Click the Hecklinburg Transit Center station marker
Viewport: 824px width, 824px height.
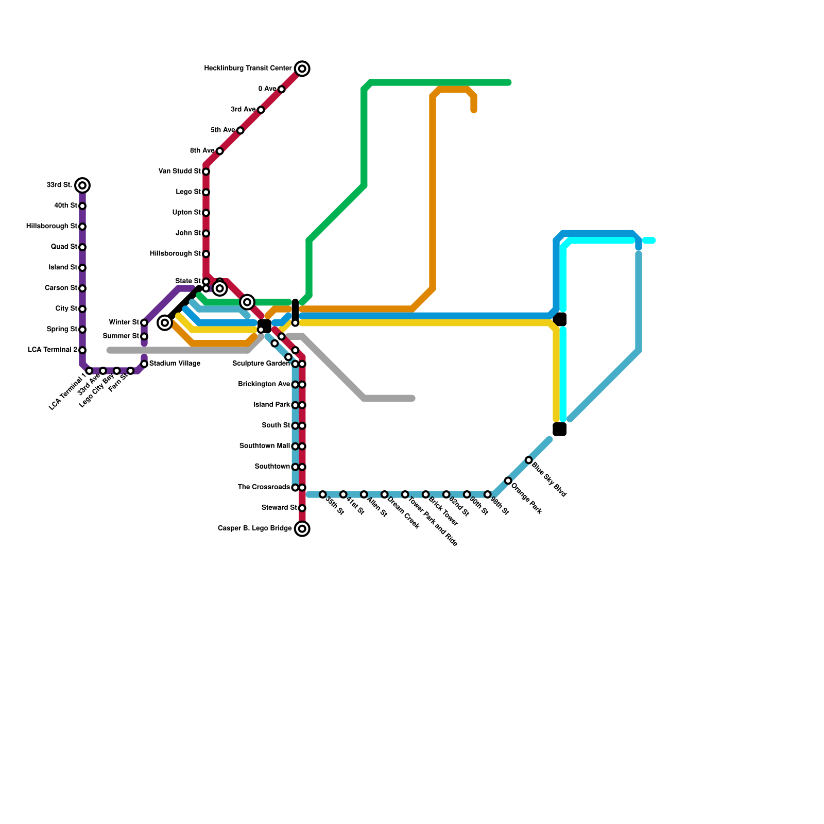(302, 68)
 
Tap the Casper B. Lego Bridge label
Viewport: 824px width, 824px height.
(254, 528)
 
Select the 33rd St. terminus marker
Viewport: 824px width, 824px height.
(82, 185)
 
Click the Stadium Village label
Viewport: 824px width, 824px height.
(175, 364)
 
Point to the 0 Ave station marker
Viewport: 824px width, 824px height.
(281, 90)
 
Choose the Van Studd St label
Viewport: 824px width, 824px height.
(179, 171)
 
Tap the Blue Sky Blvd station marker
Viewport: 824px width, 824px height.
(528, 460)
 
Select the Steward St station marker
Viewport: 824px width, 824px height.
(302, 508)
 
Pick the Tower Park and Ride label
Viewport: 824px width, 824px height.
(433, 522)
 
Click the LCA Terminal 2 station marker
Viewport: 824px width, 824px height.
(82, 350)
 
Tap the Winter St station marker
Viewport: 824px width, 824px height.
(144, 323)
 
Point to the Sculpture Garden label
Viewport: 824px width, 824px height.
(261, 364)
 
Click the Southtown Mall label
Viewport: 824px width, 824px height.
(264, 446)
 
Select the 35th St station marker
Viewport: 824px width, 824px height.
(322, 494)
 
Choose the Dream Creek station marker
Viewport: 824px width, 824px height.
(384, 494)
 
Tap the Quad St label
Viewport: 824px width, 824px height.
(64, 247)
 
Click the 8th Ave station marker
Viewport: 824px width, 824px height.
(220, 151)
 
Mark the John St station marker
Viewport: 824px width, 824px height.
(206, 233)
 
